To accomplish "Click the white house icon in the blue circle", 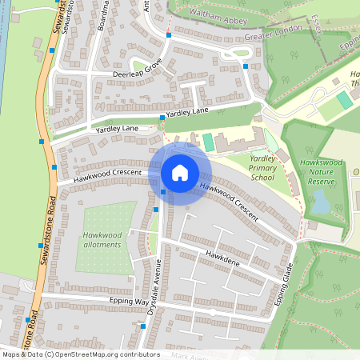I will (180, 172).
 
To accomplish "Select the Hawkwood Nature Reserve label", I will (320, 172).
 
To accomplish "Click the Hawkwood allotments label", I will (102, 239).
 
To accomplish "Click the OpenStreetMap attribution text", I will (80, 354).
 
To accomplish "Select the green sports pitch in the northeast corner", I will (344, 101).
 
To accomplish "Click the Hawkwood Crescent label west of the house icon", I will (107, 174).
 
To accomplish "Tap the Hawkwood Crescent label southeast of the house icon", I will (229, 202).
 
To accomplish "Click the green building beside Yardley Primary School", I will (209, 142).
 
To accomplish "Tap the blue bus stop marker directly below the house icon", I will (163, 192).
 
